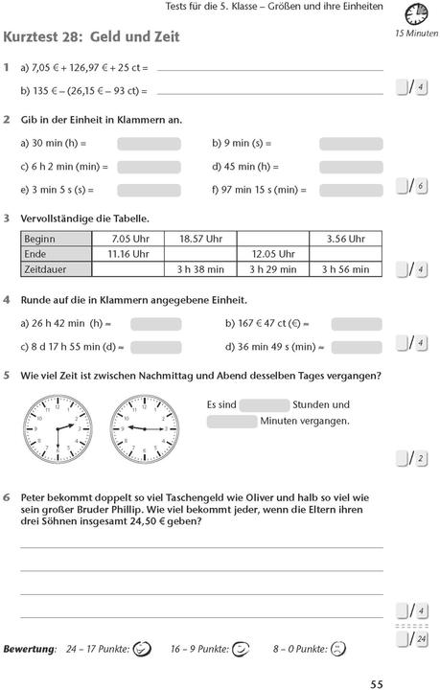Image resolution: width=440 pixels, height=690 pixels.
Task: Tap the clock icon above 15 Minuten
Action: point(417,14)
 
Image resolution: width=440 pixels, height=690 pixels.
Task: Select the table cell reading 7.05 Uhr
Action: point(127,239)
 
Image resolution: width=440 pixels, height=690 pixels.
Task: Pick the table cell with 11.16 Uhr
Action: point(127,254)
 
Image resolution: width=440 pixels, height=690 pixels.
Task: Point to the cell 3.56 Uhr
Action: point(345,239)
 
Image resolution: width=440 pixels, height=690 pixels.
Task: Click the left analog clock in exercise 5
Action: point(59,427)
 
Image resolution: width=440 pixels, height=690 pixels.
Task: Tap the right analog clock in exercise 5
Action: point(143,427)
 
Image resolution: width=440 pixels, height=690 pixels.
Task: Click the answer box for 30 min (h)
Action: point(149,144)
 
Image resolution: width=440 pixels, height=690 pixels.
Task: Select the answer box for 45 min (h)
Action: point(351,167)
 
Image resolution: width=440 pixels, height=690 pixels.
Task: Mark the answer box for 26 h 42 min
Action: point(155,324)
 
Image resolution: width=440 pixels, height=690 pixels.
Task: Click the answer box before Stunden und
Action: point(265,404)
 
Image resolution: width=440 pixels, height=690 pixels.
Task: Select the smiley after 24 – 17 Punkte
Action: point(142,649)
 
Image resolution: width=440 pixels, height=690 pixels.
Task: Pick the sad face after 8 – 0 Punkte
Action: point(337,649)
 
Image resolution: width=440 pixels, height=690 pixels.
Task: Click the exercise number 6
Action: point(7,497)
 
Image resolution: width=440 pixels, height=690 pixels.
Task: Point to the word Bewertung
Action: point(30,649)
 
